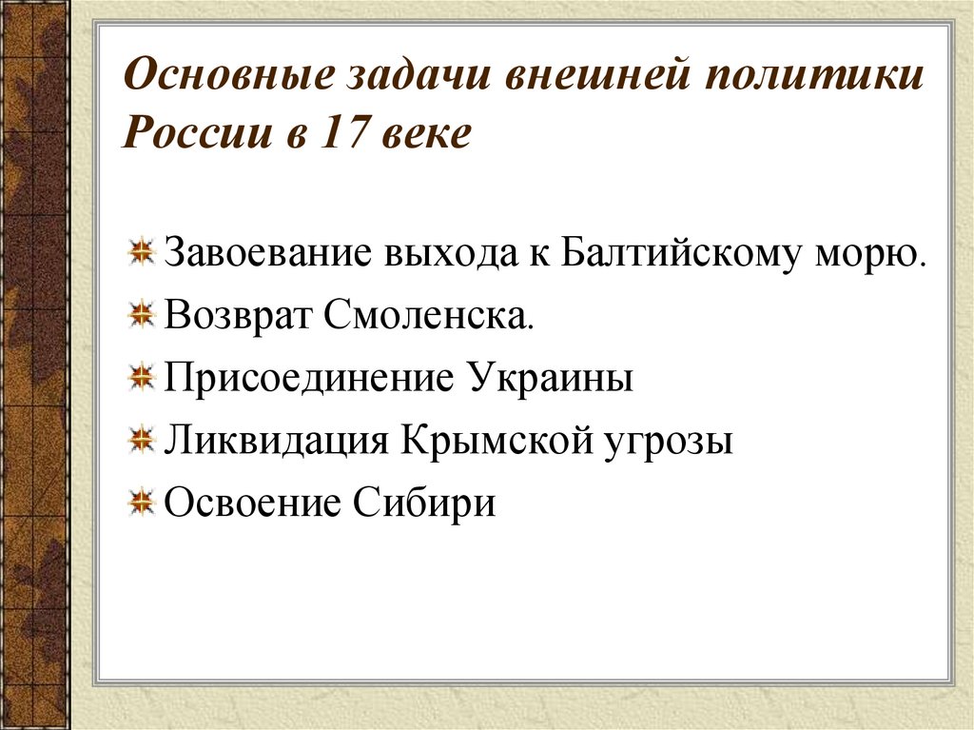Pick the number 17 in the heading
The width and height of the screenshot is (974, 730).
(345, 134)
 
